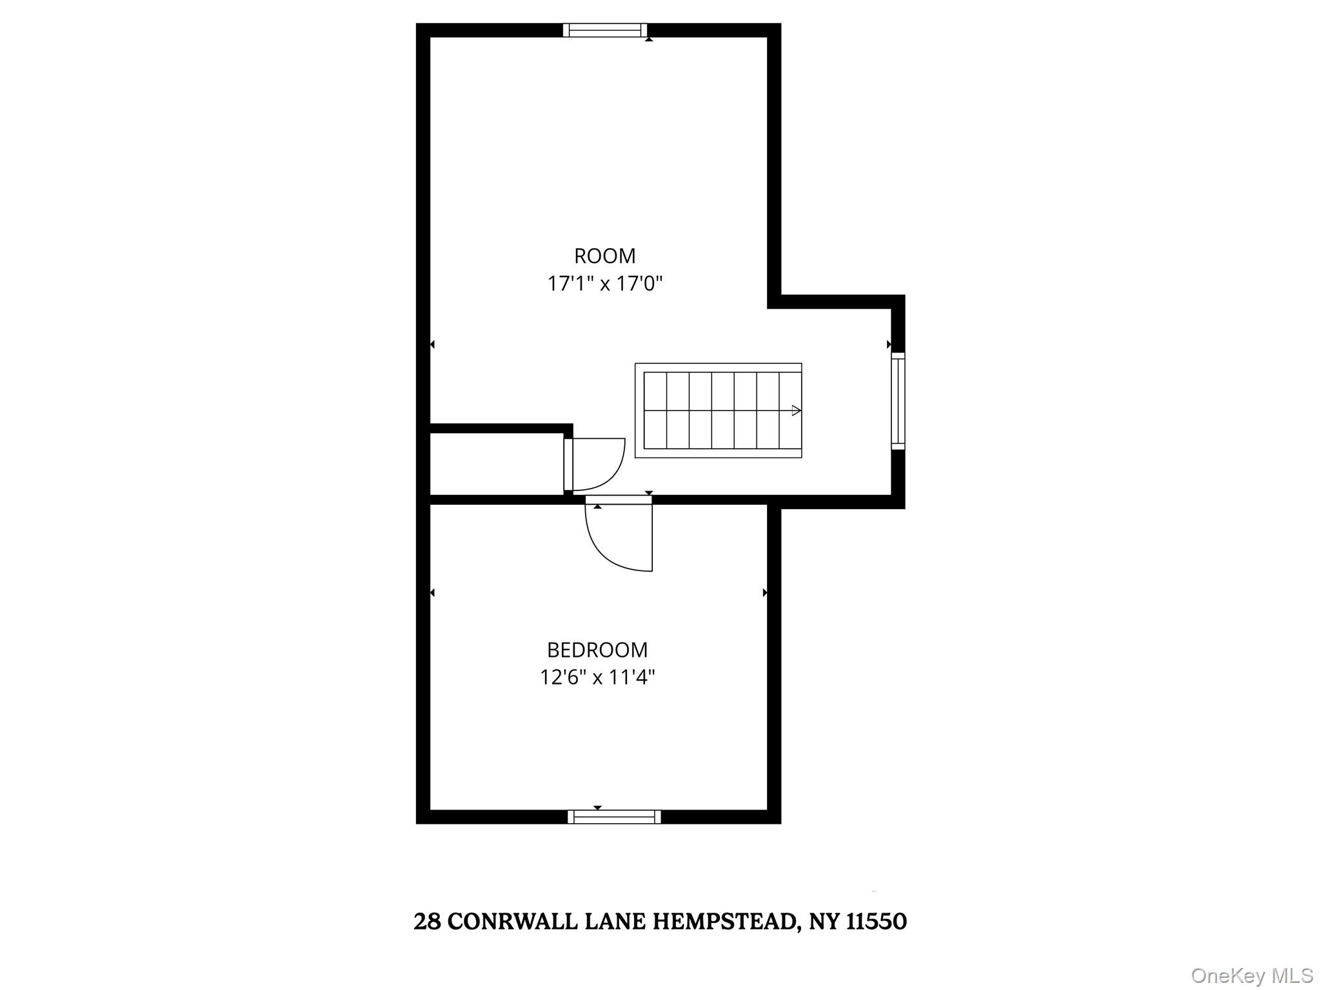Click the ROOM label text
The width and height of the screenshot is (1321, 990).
(x=604, y=257)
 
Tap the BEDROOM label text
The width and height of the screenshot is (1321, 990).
(x=597, y=650)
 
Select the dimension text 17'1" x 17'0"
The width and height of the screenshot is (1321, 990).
(x=605, y=284)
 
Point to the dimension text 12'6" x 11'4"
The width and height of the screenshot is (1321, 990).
(x=597, y=677)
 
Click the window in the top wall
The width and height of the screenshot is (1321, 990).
(x=604, y=30)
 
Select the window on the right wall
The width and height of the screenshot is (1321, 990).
(x=898, y=401)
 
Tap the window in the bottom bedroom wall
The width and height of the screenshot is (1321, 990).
(x=614, y=817)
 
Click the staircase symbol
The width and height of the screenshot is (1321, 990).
(x=718, y=411)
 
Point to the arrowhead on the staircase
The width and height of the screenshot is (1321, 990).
(x=796, y=411)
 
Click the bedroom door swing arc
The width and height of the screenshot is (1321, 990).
(x=610, y=548)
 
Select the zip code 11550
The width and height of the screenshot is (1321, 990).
(x=876, y=922)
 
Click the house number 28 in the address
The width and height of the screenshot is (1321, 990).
(x=427, y=922)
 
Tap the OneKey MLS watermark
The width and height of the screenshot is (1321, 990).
(x=1252, y=975)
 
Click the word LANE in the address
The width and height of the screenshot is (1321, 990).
(x=615, y=922)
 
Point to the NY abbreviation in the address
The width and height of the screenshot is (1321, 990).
(x=824, y=922)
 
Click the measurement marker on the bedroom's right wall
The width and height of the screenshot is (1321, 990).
(x=765, y=592)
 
